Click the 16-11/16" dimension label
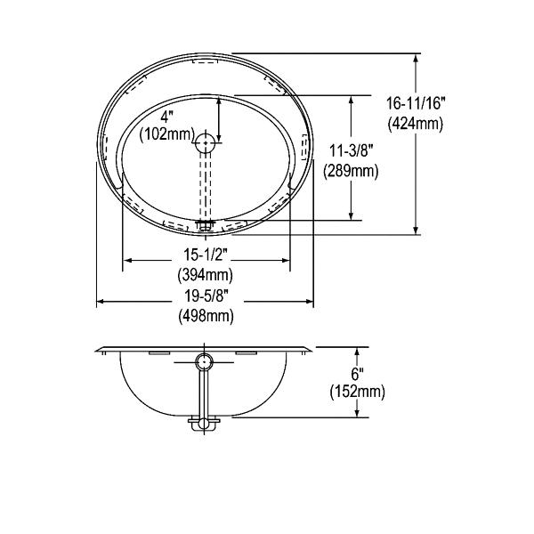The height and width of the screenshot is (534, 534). pyautogui.click(x=416, y=103)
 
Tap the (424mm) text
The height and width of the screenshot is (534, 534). pyautogui.click(x=416, y=124)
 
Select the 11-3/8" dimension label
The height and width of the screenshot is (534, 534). pyautogui.click(x=351, y=150)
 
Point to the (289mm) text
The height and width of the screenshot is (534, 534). pyautogui.click(x=351, y=171)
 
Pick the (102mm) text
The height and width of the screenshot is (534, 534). pyautogui.click(x=167, y=134)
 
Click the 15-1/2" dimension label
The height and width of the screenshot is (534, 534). pyautogui.click(x=206, y=255)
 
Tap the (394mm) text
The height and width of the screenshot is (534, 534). pyautogui.click(x=206, y=274)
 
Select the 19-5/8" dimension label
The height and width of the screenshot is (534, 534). pyautogui.click(x=206, y=296)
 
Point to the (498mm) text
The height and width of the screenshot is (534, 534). pyautogui.click(x=206, y=316)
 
